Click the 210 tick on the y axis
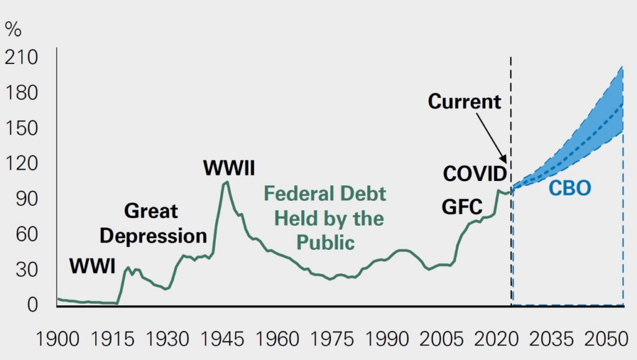tap(22, 58)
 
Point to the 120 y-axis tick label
tap(22, 164)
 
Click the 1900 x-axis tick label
tap(57, 339)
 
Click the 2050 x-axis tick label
tap(604, 339)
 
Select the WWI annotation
tap(92, 266)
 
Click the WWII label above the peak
tap(230, 168)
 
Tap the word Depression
tap(153, 236)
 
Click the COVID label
tap(475, 174)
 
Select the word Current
tap(465, 101)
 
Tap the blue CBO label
tap(569, 188)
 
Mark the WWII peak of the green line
tap(226, 182)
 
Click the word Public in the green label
tap(325, 241)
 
